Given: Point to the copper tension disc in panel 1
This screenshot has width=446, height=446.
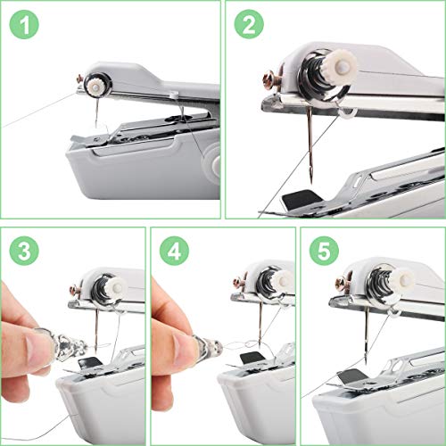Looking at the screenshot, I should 90,84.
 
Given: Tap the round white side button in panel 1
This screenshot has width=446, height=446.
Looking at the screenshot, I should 213,163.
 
